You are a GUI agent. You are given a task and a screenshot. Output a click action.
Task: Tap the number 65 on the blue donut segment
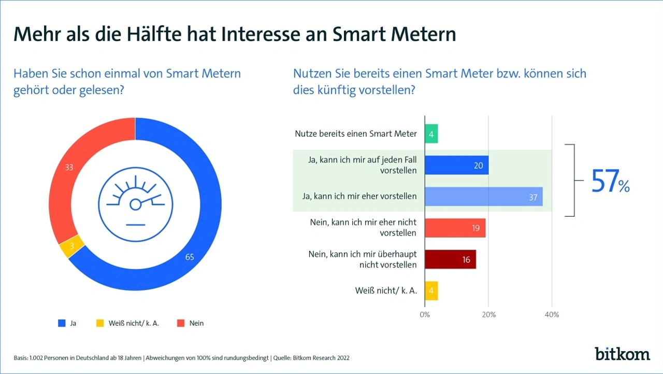pyautogui.click(x=190, y=256)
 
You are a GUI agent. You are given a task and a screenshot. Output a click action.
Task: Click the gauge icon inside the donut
pyautogui.click(x=136, y=204)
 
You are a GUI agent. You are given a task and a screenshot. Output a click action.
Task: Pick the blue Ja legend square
pyautogui.click(x=61, y=323)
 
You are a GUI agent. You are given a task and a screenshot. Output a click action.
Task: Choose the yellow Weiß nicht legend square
pyautogui.click(x=100, y=323)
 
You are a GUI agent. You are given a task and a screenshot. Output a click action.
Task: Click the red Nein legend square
pyautogui.click(x=181, y=323)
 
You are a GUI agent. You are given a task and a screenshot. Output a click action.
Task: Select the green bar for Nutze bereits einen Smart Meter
pyautogui.click(x=431, y=133)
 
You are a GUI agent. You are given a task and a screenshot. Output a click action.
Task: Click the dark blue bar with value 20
pyautogui.click(x=456, y=165)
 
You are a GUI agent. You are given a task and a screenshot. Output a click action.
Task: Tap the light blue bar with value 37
pyautogui.click(x=483, y=197)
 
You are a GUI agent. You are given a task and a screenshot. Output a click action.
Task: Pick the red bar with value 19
pyautogui.click(x=455, y=228)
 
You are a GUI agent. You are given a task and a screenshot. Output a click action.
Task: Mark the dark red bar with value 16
pyautogui.click(x=450, y=259)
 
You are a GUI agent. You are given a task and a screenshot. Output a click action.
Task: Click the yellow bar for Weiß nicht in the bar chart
pyautogui.click(x=431, y=290)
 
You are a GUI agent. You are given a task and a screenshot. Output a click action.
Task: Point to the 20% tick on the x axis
pyautogui.click(x=488, y=314)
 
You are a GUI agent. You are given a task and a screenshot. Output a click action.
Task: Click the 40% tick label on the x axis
pyautogui.click(x=552, y=314)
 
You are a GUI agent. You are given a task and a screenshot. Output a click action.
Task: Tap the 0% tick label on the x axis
pyautogui.click(x=425, y=314)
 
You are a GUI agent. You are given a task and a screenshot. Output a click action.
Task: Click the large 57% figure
pyautogui.click(x=610, y=182)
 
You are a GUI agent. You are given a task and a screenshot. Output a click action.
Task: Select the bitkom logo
pyautogui.click(x=622, y=354)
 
